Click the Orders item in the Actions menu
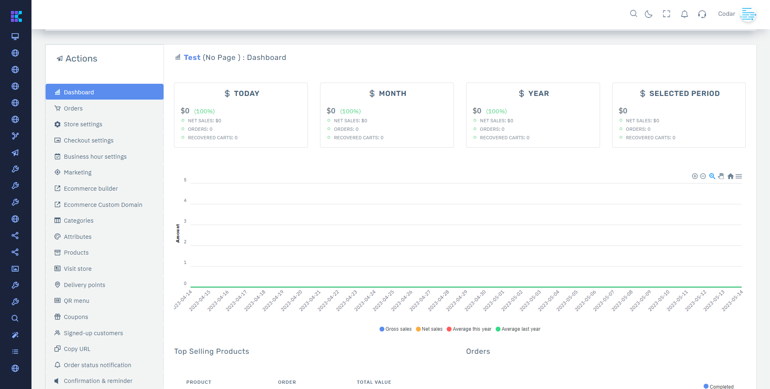click(x=73, y=108)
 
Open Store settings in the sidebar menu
click(x=83, y=124)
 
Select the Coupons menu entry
click(x=76, y=317)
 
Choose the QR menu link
click(x=76, y=301)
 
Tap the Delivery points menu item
click(x=84, y=285)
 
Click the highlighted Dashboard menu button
click(x=104, y=92)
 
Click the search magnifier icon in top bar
click(x=634, y=14)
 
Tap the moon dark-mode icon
click(x=649, y=14)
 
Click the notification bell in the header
click(x=684, y=14)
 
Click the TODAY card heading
click(x=242, y=94)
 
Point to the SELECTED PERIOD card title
click(x=680, y=94)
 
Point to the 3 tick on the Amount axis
click(x=185, y=221)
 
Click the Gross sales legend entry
click(x=395, y=329)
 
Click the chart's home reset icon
click(x=730, y=176)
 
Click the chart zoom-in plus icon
click(x=695, y=176)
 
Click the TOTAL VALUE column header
click(x=374, y=382)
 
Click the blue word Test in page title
click(x=192, y=57)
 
